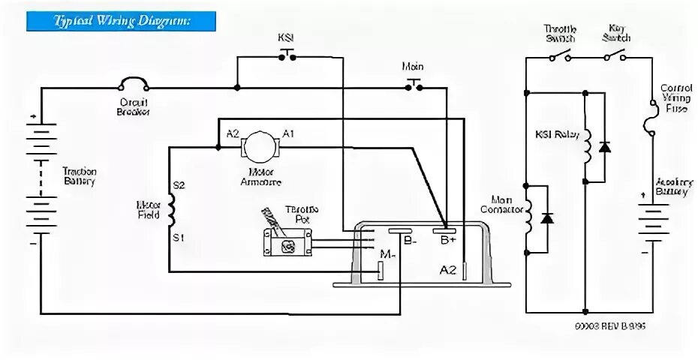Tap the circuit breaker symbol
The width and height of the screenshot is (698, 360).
click(x=133, y=87)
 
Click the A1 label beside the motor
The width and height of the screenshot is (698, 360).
click(x=287, y=133)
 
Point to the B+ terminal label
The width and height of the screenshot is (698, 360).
click(x=448, y=239)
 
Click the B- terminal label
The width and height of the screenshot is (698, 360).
click(x=411, y=241)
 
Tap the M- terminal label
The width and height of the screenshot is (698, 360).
click(x=387, y=255)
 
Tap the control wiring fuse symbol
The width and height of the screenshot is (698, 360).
click(x=650, y=121)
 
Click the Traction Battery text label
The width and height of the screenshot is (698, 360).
click(x=78, y=176)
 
